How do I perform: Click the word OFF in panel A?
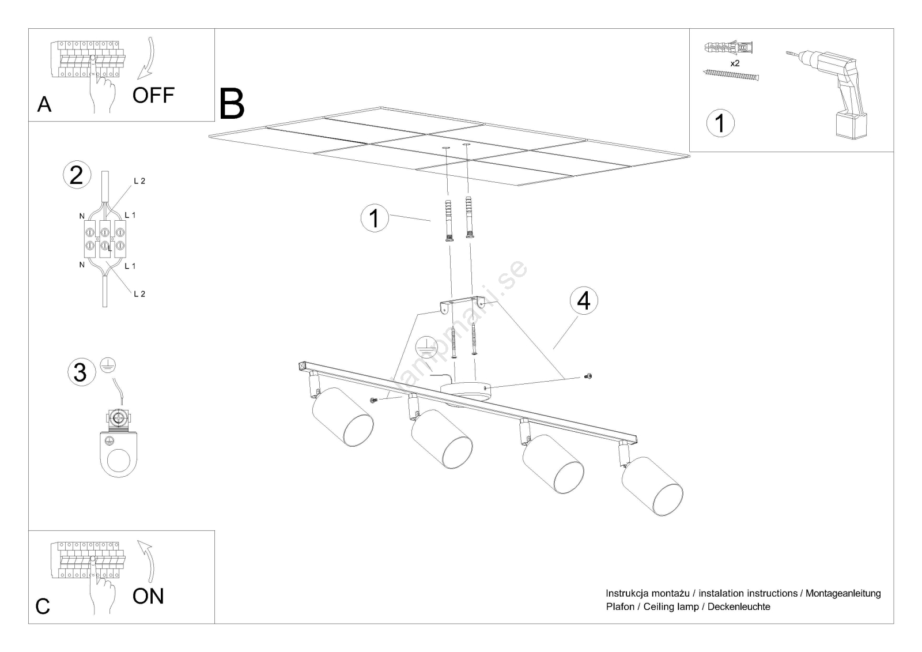[153, 95]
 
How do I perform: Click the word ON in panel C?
[148, 596]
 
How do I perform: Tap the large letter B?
[232, 104]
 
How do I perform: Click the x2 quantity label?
[735, 63]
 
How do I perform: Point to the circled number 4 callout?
[584, 300]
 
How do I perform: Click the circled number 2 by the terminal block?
[77, 175]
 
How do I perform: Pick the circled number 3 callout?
[80, 372]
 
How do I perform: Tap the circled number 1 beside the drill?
[720, 123]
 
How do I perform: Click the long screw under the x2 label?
[731, 74]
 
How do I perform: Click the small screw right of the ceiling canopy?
[587, 376]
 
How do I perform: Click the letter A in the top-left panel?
[44, 104]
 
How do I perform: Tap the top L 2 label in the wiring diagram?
[139, 181]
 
